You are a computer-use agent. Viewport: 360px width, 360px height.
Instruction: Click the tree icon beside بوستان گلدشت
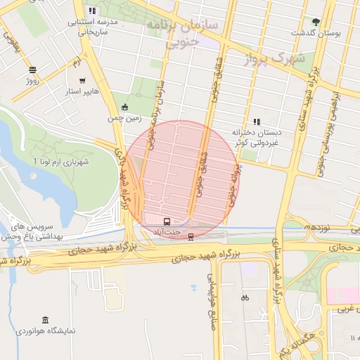[316, 22]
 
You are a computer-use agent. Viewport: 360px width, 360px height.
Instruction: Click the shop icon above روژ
[32, 70]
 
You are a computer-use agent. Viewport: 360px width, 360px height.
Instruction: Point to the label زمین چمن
[124, 119]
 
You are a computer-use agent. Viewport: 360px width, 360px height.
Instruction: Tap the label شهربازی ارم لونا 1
[63, 162]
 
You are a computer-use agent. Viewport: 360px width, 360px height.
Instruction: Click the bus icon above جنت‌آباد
[166, 221]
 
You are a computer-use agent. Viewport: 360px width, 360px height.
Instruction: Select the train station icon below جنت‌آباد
[191, 238]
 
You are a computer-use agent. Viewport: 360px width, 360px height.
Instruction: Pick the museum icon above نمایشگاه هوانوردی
[45, 320]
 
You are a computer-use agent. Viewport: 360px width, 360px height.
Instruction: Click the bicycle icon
[244, 297]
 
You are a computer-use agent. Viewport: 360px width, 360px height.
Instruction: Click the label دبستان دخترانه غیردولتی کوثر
[256, 137]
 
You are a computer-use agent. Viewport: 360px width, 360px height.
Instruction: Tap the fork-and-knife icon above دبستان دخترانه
[257, 121]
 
